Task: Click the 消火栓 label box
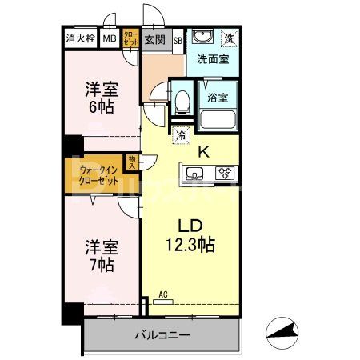[80, 38]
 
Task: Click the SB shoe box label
[177, 39]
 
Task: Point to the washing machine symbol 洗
[229, 38]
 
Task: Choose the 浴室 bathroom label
[218, 98]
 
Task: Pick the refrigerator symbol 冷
[181, 135]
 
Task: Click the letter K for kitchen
[203, 150]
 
